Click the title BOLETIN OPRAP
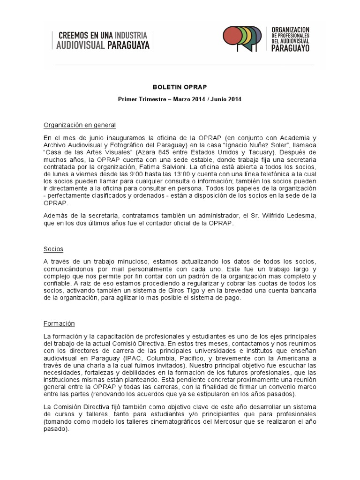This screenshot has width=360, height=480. (180, 88)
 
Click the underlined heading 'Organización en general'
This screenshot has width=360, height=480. (80, 126)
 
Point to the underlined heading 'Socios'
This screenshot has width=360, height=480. (53, 249)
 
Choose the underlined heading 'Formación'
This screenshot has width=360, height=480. (59, 324)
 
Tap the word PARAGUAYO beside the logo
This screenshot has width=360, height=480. (291, 48)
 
